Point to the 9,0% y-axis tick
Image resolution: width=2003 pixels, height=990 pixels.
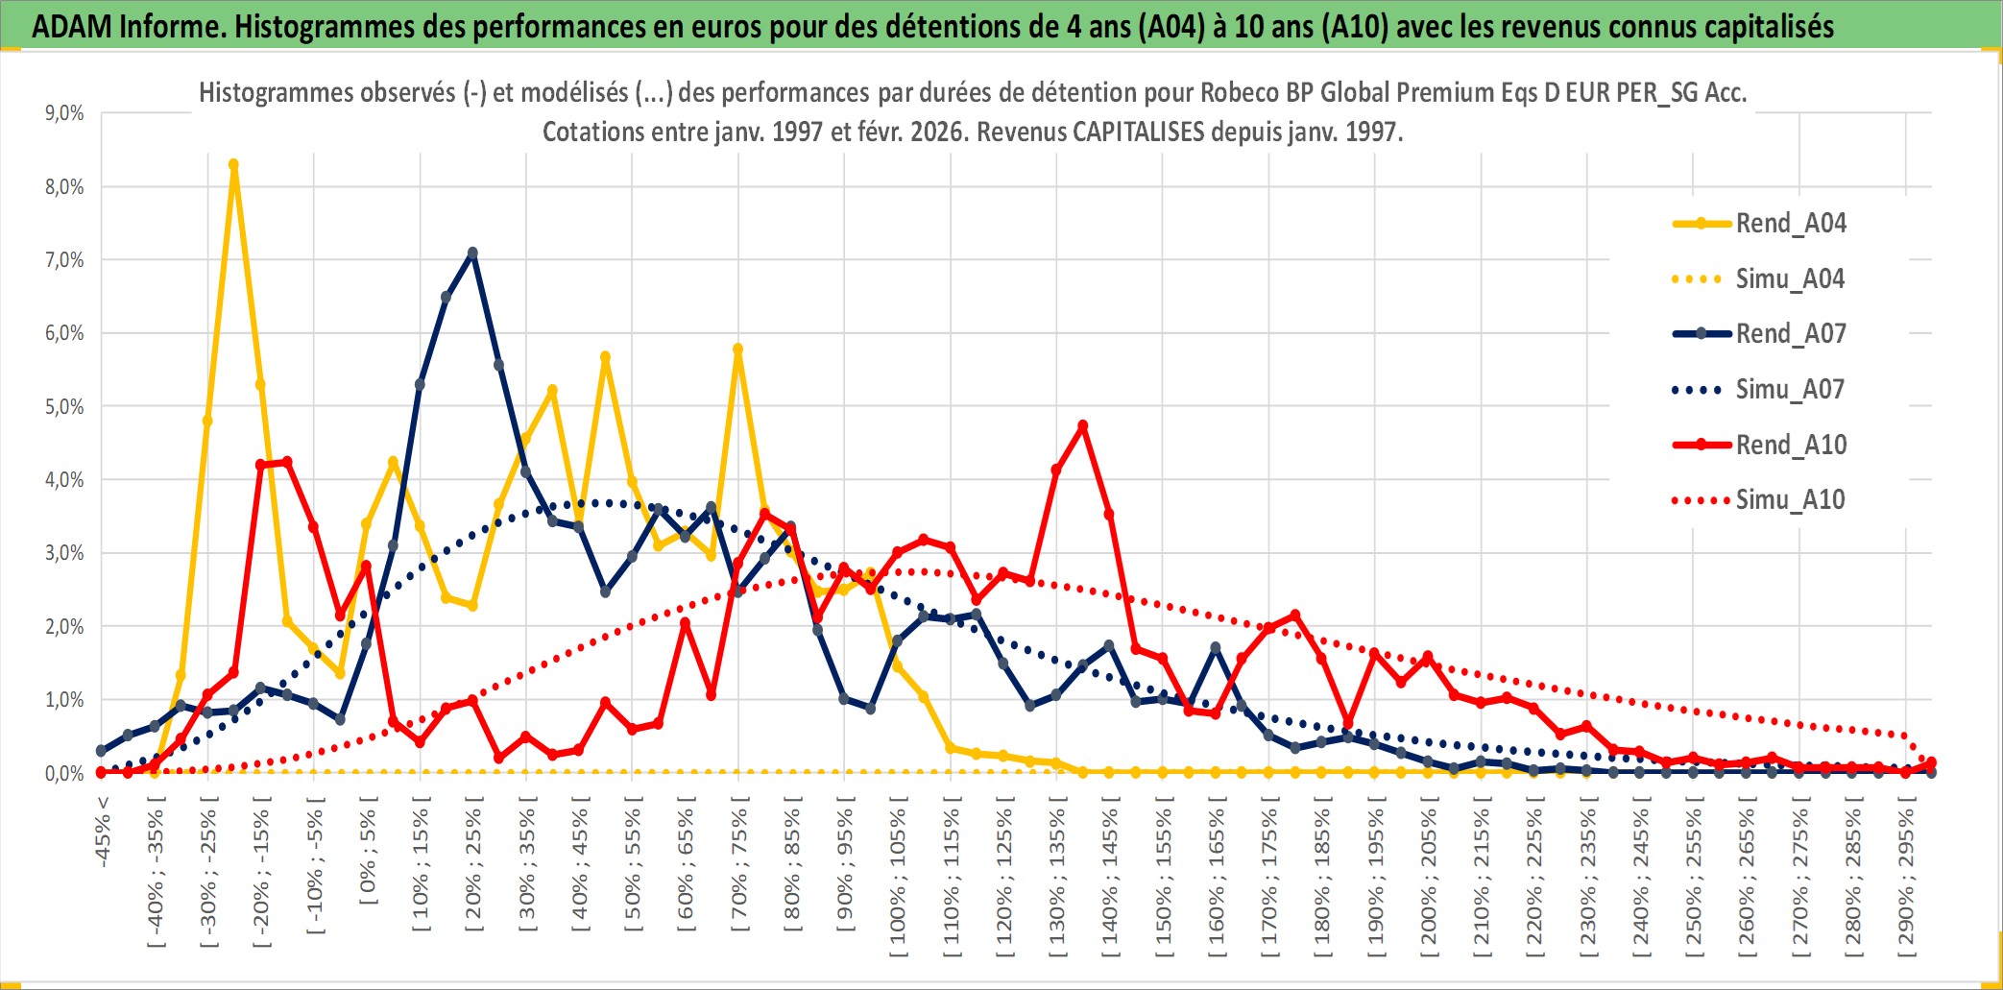pos(64,113)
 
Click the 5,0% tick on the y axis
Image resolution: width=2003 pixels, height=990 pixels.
pos(64,407)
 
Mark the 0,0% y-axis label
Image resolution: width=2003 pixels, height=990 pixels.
pos(64,774)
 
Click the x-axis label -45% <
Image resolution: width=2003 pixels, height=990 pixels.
pos(103,832)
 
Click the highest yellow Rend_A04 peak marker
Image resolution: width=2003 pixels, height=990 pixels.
pos(233,165)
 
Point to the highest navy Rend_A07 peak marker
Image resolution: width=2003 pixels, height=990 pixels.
pos(472,254)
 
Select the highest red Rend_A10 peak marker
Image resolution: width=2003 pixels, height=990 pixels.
pos(1083,425)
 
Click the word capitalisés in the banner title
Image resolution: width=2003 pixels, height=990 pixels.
pos(1775,26)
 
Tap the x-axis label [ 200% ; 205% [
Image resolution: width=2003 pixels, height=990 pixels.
pos(1430,881)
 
